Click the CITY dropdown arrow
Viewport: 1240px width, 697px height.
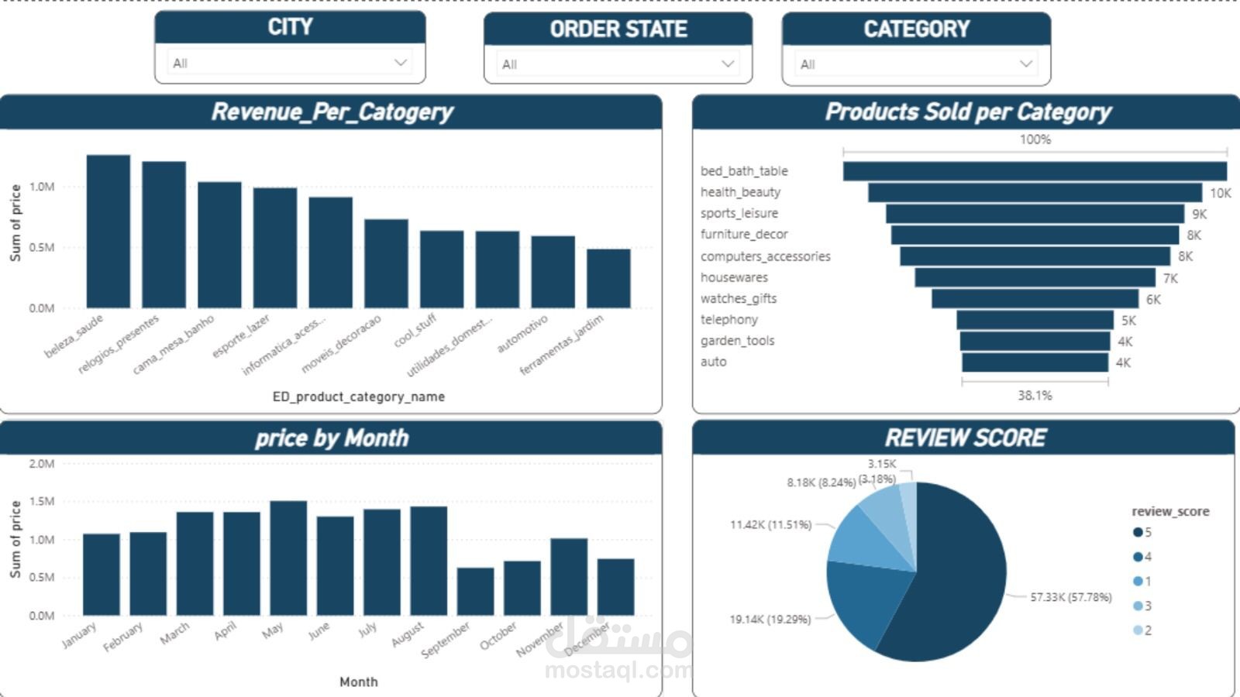pyautogui.click(x=400, y=63)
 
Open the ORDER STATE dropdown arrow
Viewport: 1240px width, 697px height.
pyautogui.click(x=727, y=64)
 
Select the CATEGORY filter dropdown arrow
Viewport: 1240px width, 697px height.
pyautogui.click(x=1025, y=64)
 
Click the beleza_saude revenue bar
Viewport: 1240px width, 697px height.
pyautogui.click(x=108, y=232)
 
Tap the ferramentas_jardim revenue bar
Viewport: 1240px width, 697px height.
pyautogui.click(x=608, y=279)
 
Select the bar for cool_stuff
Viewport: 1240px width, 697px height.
pyautogui.click(x=442, y=270)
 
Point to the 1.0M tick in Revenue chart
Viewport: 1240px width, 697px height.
pyautogui.click(x=42, y=187)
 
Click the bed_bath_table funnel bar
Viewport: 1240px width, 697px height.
pyautogui.click(x=1035, y=171)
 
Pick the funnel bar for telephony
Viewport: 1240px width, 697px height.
pyautogui.click(x=1035, y=320)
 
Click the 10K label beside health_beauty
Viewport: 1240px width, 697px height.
pyautogui.click(x=1220, y=193)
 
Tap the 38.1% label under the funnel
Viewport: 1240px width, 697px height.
pyautogui.click(x=1035, y=395)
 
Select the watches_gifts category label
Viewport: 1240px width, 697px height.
pyautogui.click(x=738, y=298)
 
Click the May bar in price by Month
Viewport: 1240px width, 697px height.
pyautogui.click(x=288, y=558)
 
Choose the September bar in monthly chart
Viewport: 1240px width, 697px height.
pyautogui.click(x=475, y=592)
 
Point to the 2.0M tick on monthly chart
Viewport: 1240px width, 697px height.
pyautogui.click(x=42, y=464)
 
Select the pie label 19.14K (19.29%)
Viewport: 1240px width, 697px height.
pyautogui.click(x=770, y=619)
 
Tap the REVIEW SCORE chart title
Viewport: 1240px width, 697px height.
pyautogui.click(x=965, y=438)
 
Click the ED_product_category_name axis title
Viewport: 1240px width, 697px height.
pyautogui.click(x=358, y=397)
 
